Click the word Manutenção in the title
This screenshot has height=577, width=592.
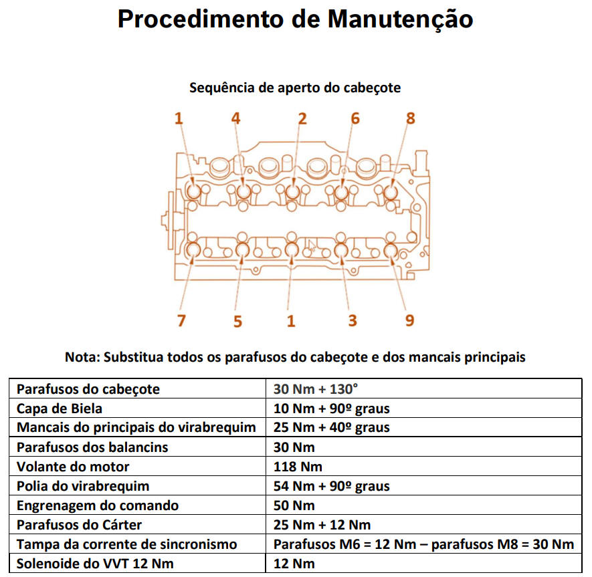tap(400, 19)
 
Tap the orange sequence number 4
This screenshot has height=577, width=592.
tap(236, 118)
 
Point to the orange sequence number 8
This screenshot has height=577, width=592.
tap(411, 118)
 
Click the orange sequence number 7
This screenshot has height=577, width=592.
tap(181, 321)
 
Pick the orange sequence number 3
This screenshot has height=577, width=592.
tap(353, 321)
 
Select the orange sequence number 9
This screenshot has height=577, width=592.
tap(409, 321)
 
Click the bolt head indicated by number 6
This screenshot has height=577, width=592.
tap(341, 192)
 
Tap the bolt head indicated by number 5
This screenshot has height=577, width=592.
tap(242, 250)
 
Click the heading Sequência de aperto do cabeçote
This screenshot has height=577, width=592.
tap(295, 88)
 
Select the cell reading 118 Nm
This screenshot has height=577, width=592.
tap(298, 467)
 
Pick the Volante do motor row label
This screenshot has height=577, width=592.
tap(73, 467)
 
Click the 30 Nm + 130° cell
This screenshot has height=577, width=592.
tap(316, 389)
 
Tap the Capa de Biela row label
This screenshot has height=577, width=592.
tap(60, 409)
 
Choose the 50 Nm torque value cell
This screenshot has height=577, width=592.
tap(294, 505)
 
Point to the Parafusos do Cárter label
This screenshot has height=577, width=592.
tap(80, 525)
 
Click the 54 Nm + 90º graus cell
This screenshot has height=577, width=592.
tap(332, 487)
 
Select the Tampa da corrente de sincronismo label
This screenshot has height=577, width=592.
tap(127, 544)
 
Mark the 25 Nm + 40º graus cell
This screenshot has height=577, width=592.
tap(332, 428)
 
